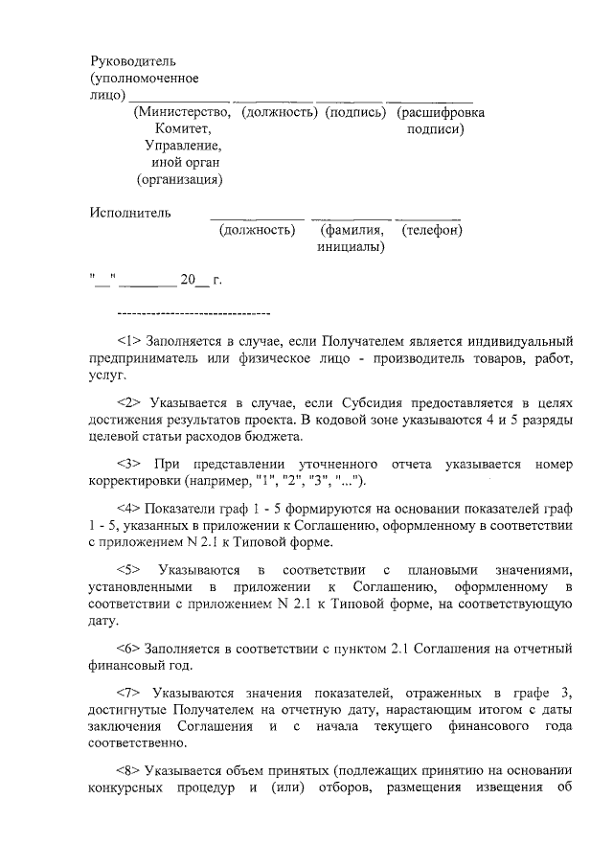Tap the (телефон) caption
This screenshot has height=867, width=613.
point(433,230)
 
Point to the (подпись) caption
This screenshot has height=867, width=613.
point(355,113)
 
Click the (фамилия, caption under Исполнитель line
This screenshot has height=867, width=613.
point(352,230)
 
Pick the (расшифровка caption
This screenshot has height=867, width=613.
point(441,113)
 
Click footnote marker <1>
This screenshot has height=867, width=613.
point(129,341)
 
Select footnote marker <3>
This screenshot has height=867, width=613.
point(129,464)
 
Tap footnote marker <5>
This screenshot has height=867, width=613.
point(129,570)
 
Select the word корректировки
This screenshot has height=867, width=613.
point(131,481)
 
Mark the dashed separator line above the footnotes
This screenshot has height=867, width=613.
point(193,313)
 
